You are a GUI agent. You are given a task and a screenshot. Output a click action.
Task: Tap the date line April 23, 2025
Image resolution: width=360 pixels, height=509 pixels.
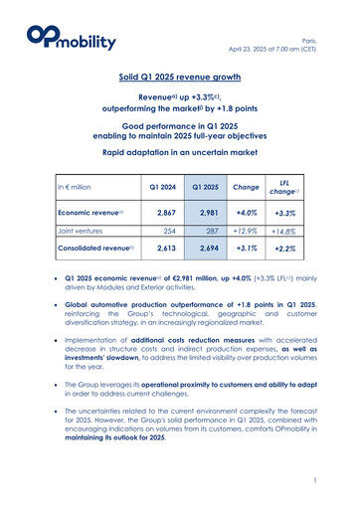(295, 30)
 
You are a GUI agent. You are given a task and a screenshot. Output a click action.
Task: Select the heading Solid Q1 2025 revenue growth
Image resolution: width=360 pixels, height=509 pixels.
(180, 76)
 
